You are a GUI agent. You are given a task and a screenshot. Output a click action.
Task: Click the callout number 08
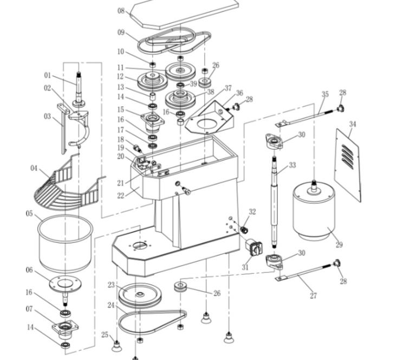tap(121, 11)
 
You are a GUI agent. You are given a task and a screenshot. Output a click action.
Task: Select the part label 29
tap(339, 245)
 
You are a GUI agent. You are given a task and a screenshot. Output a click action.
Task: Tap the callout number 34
tap(353, 125)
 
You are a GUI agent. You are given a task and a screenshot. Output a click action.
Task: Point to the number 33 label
tap(292, 165)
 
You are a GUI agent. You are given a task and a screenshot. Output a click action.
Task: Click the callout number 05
tap(30, 214)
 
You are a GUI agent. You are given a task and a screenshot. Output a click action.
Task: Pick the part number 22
tap(120, 196)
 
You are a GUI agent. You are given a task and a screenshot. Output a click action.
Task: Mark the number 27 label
tap(313, 295)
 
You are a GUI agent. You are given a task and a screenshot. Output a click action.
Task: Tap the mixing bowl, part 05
tap(64, 244)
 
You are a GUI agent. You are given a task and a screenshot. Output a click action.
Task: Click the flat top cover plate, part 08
tap(184, 14)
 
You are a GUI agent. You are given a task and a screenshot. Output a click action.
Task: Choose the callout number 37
tap(228, 88)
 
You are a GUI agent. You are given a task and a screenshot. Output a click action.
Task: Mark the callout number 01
tap(47, 76)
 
